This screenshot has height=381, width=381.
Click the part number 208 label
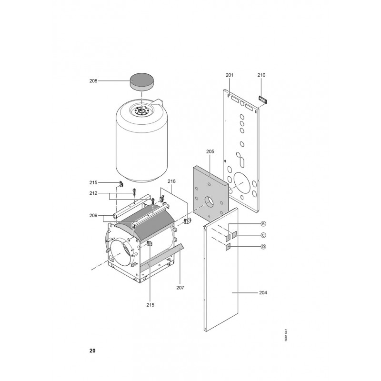click(93, 81)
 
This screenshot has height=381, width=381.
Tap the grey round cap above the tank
click(142, 82)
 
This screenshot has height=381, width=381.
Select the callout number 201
click(230, 75)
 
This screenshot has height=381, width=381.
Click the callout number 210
click(261, 75)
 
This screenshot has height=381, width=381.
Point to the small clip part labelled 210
click(262, 100)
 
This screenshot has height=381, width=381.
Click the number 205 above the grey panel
click(210, 151)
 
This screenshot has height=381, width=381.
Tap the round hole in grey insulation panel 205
click(209, 201)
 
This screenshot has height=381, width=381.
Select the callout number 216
click(171, 181)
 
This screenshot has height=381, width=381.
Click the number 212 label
click(93, 193)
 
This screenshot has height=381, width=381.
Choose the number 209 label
click(93, 216)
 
